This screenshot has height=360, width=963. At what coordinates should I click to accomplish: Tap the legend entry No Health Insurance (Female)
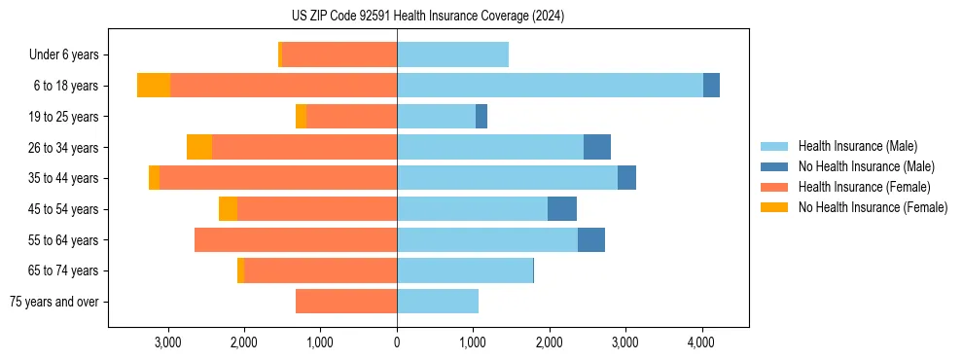(873, 207)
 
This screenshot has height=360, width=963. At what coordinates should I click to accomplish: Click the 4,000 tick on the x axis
(701, 342)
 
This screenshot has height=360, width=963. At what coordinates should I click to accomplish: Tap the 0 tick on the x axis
(397, 342)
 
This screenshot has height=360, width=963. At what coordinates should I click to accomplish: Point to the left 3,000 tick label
(168, 342)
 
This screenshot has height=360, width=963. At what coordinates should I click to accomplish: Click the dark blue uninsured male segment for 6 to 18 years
(711, 86)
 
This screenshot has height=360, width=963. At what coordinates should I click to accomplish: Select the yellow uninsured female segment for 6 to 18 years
(154, 86)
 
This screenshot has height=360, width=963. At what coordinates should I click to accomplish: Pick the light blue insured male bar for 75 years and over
(438, 302)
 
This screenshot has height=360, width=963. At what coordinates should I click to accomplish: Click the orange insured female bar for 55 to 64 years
(296, 240)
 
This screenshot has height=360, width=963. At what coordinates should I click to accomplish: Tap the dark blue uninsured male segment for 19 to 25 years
(481, 117)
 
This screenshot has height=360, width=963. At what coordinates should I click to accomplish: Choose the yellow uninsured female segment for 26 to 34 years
(199, 147)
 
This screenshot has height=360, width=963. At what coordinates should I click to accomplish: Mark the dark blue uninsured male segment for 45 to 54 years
(562, 209)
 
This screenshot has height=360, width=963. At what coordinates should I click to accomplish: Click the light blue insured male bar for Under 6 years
(452, 55)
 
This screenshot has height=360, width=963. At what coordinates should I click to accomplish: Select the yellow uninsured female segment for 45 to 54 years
(228, 209)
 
